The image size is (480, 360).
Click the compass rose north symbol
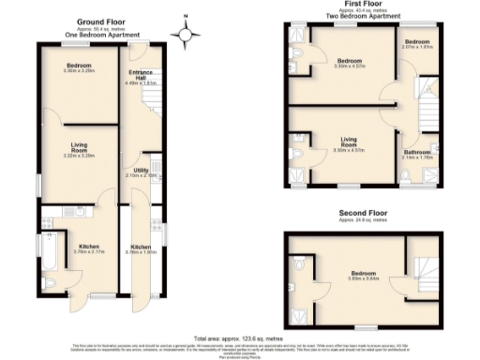tap(187, 33)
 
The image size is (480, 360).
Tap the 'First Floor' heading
tap(359, 4)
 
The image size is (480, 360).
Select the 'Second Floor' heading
tap(363, 215)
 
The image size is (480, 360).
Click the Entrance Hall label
tap(142, 78)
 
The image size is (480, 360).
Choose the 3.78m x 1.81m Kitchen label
tap(142, 248)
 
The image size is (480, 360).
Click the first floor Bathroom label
tap(417, 154)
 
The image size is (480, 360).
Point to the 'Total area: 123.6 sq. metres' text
tap(239, 337)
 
